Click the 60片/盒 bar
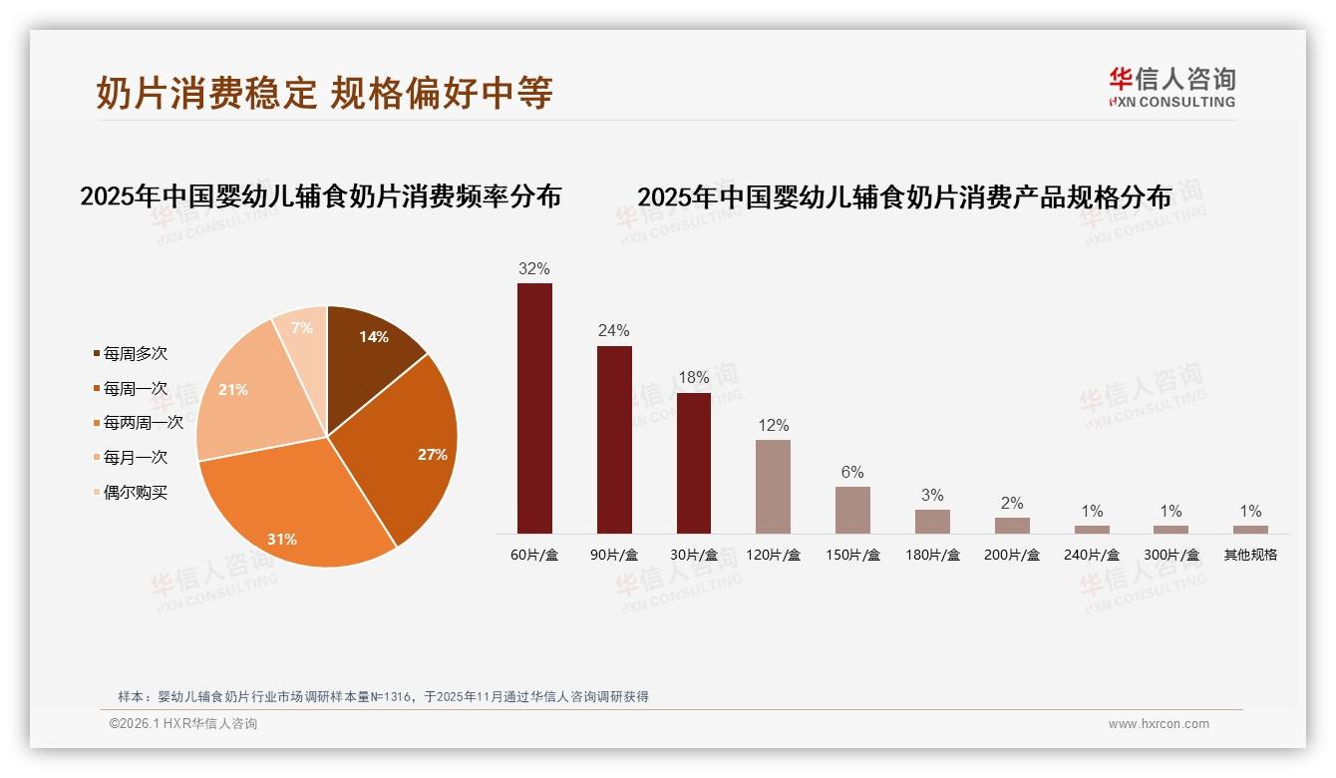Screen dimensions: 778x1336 (x=534, y=408)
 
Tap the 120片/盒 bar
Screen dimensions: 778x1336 (x=773, y=486)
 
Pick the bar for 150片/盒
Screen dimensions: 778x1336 (x=852, y=510)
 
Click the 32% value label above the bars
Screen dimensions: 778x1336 (x=534, y=268)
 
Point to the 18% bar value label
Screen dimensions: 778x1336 (x=694, y=378)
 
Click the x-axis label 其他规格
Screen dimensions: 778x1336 (x=1250, y=555)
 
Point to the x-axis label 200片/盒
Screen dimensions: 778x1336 (x=1012, y=555)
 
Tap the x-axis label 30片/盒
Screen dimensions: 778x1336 (x=694, y=555)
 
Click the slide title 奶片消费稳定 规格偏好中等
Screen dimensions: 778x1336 (x=324, y=93)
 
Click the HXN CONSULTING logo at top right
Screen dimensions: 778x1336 (x=1172, y=88)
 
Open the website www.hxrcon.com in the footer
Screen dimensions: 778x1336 (x=1159, y=724)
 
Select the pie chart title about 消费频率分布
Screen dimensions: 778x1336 (x=320, y=196)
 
